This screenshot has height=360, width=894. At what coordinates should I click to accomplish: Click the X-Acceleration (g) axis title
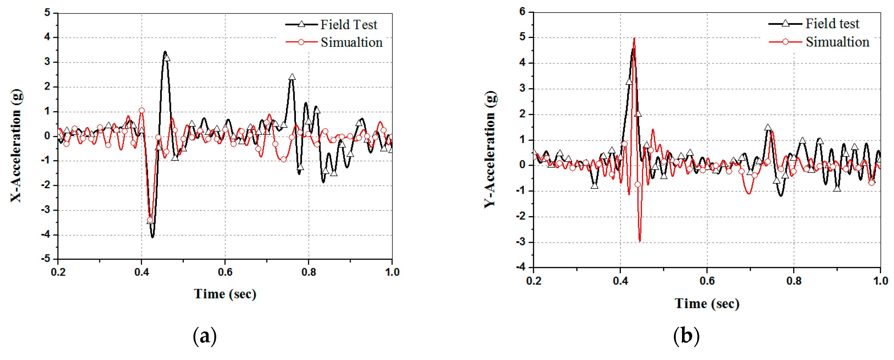point(16,146)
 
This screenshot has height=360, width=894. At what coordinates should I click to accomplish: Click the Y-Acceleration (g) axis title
point(490,149)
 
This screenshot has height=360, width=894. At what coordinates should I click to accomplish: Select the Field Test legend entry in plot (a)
point(348,25)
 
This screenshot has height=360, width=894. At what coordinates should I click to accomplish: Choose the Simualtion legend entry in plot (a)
point(351,42)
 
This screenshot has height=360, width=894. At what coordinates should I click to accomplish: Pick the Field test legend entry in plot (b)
point(832,24)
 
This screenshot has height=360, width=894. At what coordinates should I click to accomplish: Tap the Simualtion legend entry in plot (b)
point(837,42)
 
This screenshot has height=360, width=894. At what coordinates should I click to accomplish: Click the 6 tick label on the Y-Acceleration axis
point(522,12)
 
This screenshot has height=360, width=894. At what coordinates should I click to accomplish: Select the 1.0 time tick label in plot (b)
point(880,281)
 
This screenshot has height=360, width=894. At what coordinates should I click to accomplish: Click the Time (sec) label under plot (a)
point(225,294)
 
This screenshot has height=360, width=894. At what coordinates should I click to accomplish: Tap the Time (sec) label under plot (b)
point(707,304)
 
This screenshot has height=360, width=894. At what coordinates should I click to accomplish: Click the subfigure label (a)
point(205,336)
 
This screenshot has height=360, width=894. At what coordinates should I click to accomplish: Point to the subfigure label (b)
point(686,336)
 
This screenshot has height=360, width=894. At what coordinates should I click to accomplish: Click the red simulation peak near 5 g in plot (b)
point(634,38)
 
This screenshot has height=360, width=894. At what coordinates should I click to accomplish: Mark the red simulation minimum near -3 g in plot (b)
point(640,241)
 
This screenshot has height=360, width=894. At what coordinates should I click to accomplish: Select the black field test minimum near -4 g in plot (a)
point(152,237)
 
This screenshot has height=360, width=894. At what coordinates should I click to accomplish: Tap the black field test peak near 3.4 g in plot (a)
point(165,52)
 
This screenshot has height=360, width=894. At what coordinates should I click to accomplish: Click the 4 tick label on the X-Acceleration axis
point(47,37)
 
